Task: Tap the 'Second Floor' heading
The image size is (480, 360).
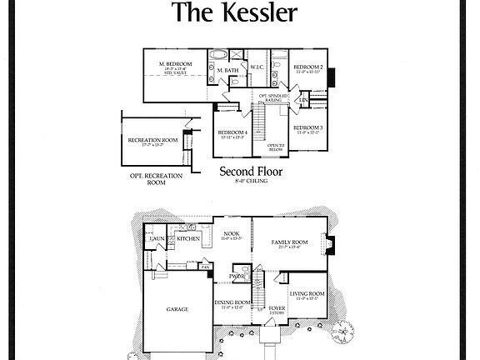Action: click(251, 172)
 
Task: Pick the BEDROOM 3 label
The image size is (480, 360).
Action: click(308, 127)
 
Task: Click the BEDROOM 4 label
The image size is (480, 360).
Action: click(232, 132)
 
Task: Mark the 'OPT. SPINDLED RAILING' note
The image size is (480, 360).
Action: click(274, 97)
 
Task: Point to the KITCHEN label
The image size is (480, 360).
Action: click(188, 238)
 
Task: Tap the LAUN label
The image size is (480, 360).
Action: click(156, 241)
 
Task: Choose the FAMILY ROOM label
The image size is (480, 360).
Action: click(290, 242)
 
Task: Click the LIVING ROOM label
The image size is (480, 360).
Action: click(307, 293)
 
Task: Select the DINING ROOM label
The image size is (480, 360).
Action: click(232, 302)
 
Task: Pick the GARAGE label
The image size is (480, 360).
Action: click(176, 308)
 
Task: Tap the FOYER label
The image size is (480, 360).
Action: click(277, 308)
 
